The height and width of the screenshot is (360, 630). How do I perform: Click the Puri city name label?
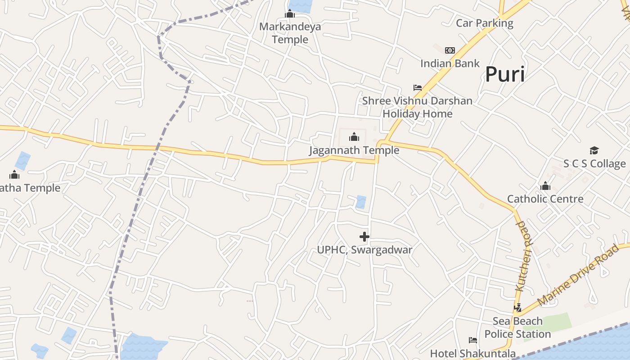[x=505, y=74]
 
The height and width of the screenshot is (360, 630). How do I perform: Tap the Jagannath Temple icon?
[x=354, y=137]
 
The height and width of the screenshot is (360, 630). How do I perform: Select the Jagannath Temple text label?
[x=354, y=150]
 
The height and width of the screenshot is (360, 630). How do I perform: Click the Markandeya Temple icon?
[x=290, y=14]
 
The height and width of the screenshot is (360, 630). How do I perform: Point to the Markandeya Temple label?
[x=290, y=33]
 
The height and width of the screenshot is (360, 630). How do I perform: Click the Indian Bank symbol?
[x=450, y=50]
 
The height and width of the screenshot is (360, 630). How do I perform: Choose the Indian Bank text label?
[x=450, y=63]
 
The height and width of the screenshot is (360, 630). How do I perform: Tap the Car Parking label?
[x=485, y=23]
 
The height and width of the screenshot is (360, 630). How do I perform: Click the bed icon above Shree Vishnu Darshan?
[x=418, y=88]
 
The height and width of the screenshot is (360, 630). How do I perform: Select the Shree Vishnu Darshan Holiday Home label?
[x=418, y=107]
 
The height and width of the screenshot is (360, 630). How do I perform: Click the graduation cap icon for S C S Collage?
[x=594, y=151]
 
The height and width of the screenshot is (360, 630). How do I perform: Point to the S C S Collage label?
[x=594, y=163]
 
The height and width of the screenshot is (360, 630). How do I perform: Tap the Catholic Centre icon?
[x=545, y=186]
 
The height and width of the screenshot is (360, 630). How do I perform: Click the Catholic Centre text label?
[x=545, y=199]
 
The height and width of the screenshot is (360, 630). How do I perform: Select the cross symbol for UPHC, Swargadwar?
[x=364, y=237]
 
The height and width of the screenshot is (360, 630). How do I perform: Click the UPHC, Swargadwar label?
[x=364, y=250]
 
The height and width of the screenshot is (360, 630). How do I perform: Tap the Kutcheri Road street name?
[x=524, y=256]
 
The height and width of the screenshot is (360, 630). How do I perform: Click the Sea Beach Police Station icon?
[x=518, y=308]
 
